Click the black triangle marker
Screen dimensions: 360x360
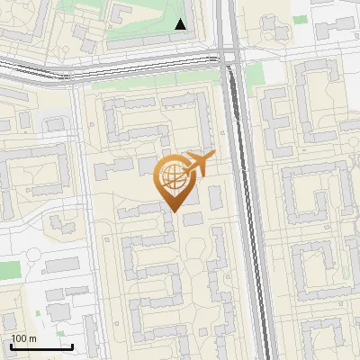tap(181, 24)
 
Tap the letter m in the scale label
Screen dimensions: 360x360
tap(32, 338)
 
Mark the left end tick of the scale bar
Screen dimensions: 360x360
tap(11, 346)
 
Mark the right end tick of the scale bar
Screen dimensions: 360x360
tap(72, 346)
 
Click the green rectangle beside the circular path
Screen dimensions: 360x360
tap(9, 270)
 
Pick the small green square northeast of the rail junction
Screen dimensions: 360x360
tap(255, 73)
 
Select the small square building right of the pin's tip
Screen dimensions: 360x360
tap(193, 219)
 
